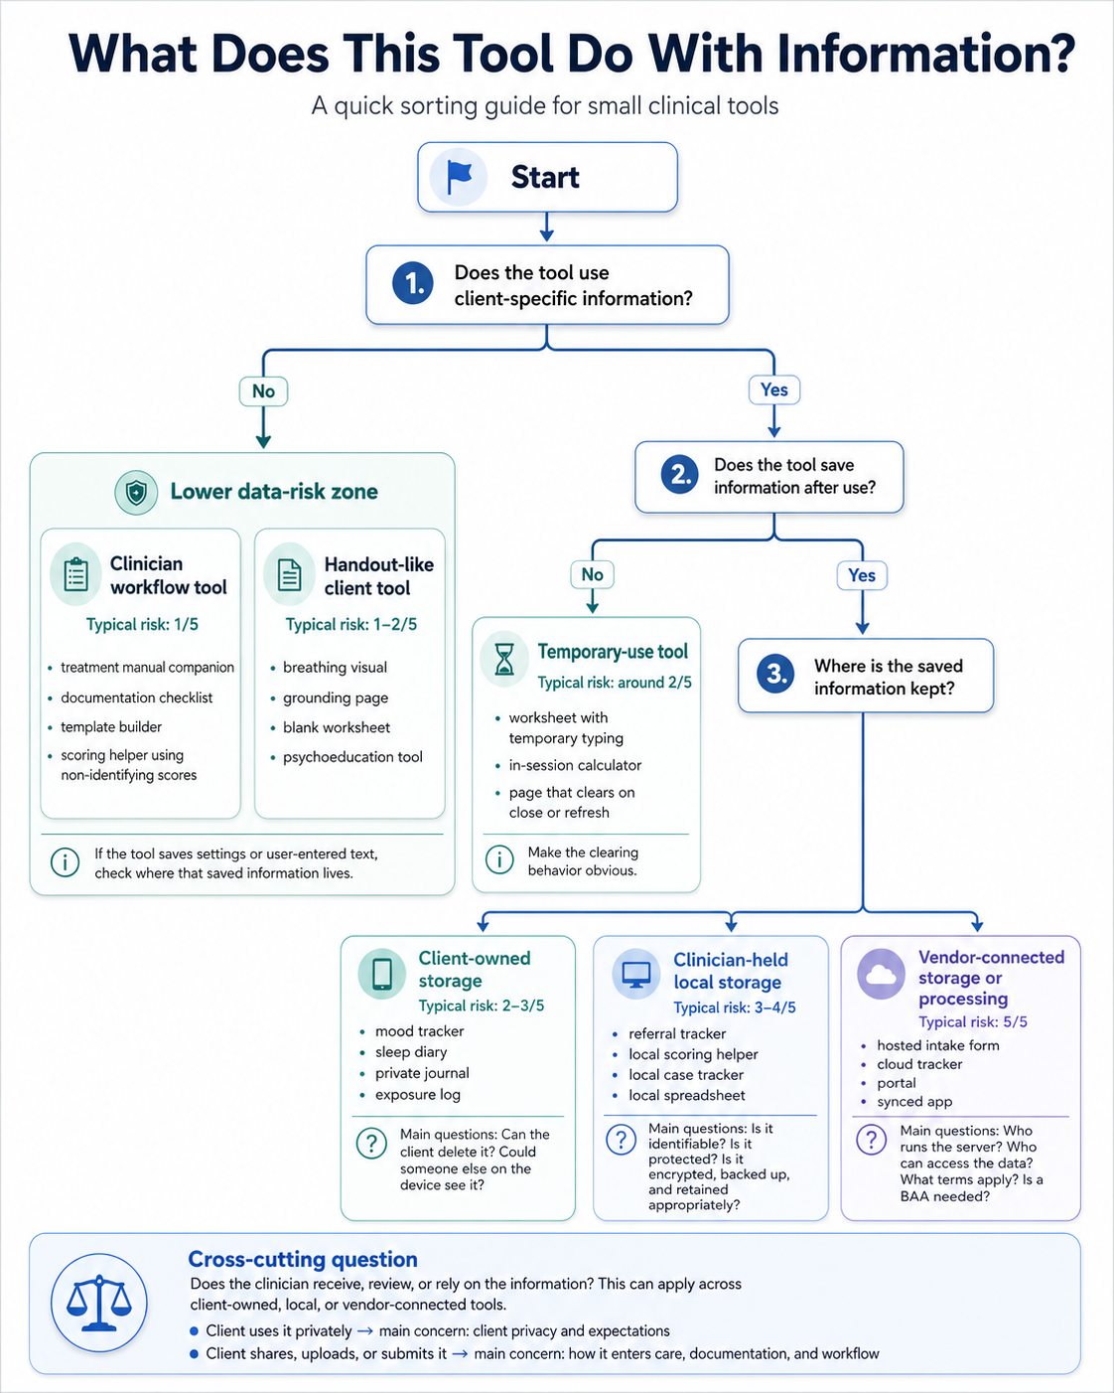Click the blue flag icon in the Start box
click(459, 177)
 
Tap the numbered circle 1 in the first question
click(412, 284)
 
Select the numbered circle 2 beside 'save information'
click(680, 475)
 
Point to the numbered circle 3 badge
click(775, 675)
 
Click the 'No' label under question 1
click(263, 391)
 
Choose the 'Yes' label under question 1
click(773, 390)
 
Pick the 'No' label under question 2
click(592, 574)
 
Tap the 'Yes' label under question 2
click(861, 575)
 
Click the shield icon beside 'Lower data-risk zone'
click(136, 492)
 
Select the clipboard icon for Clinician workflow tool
click(75, 574)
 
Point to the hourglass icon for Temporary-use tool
click(504, 659)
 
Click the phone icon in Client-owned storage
click(382, 974)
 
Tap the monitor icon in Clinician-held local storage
click(635, 974)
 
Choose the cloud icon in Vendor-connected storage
click(881, 974)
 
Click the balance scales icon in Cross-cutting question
click(98, 1303)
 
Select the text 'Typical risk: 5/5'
click(972, 1021)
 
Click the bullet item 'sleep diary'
click(411, 1052)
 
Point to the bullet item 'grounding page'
click(336, 697)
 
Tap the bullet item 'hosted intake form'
click(937, 1045)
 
